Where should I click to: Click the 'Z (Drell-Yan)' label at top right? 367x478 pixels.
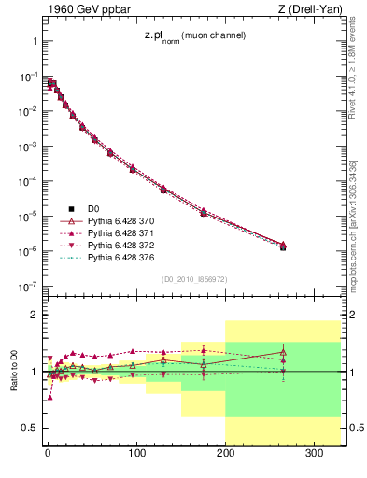tap(309, 9)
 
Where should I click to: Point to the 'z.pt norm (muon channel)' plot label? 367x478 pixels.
tap(193, 35)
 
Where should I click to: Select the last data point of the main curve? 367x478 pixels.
tap(283, 246)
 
